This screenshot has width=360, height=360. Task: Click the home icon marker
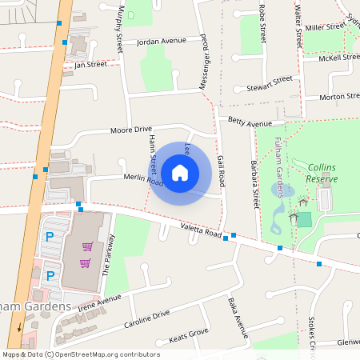[x=180, y=171]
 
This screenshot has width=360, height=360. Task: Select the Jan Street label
[x=90, y=64]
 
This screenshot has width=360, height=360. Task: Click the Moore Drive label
[x=130, y=130]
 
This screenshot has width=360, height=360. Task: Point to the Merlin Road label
[x=143, y=182]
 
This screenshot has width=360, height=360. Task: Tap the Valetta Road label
[x=200, y=230]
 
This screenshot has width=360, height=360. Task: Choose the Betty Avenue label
[x=250, y=123]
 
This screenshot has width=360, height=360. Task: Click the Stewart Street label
[x=270, y=84]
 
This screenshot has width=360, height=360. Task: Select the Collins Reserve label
[x=322, y=173]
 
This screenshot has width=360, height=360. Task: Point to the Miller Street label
[x=324, y=27]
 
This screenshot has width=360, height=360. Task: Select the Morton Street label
[x=339, y=97]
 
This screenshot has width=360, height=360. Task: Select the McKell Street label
[x=338, y=58]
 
